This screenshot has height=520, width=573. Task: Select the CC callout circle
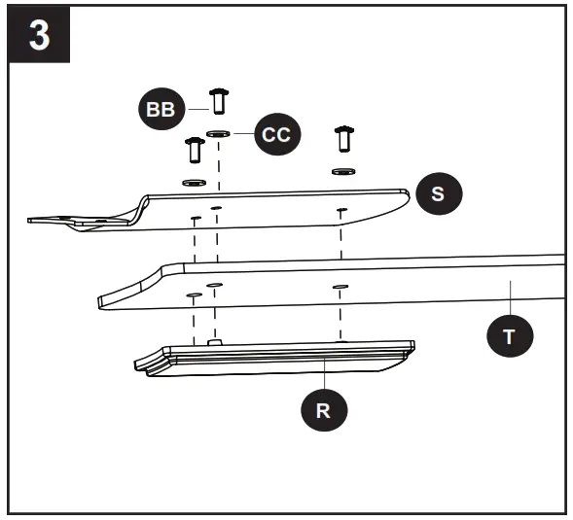[278, 134]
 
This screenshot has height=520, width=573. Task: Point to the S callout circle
[437, 193]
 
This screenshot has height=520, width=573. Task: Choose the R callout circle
[324, 409]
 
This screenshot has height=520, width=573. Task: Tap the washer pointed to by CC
[219, 134]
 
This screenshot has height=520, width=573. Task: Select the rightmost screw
[341, 139]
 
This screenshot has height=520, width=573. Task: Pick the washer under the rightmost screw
[341, 171]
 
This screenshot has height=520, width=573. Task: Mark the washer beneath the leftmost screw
[194, 182]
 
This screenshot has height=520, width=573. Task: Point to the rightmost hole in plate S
[341, 210]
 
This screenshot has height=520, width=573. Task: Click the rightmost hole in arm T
[340, 287]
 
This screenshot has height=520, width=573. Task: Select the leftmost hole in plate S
[195, 217]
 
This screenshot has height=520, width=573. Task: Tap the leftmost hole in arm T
[194, 294]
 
